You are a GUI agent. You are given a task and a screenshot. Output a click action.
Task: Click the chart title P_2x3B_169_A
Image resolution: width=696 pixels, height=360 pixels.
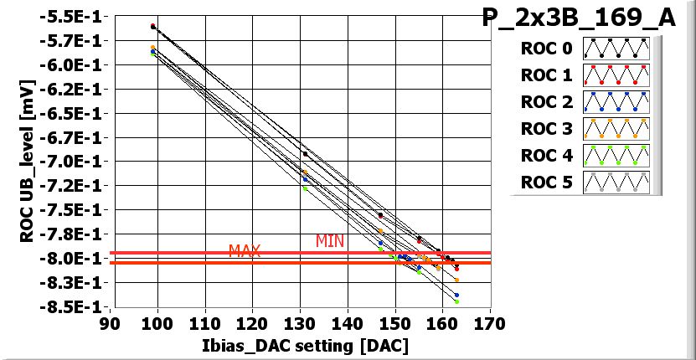point(579,18)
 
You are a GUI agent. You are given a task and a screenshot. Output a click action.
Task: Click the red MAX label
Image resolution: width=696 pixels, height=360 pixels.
point(245,251)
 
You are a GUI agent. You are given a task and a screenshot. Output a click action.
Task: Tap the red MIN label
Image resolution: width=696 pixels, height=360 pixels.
point(330,241)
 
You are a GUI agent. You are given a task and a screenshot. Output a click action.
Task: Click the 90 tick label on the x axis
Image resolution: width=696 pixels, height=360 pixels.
point(109,324)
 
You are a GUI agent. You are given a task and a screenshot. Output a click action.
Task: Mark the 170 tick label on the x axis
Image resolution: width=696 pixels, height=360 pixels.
point(489,324)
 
